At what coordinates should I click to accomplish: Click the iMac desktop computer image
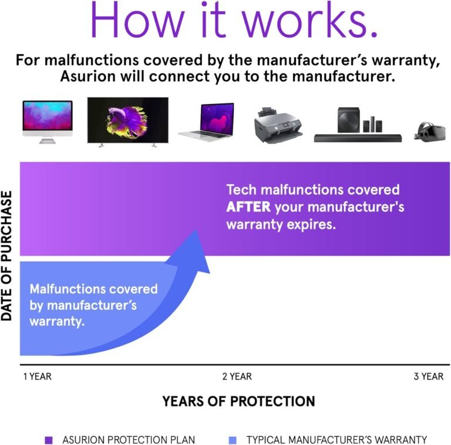48,120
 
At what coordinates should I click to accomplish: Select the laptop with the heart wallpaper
206,122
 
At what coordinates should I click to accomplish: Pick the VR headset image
432,130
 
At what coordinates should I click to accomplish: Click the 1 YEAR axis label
37,376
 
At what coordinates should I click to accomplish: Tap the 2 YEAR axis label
237,376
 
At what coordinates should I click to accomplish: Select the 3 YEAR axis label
428,376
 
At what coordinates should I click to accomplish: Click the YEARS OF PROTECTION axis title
238,401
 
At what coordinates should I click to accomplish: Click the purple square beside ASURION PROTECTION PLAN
49,440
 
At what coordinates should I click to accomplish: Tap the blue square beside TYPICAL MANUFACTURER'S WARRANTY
233,440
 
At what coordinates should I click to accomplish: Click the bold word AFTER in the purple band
248,208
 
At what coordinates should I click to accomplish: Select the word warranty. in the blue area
56,323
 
